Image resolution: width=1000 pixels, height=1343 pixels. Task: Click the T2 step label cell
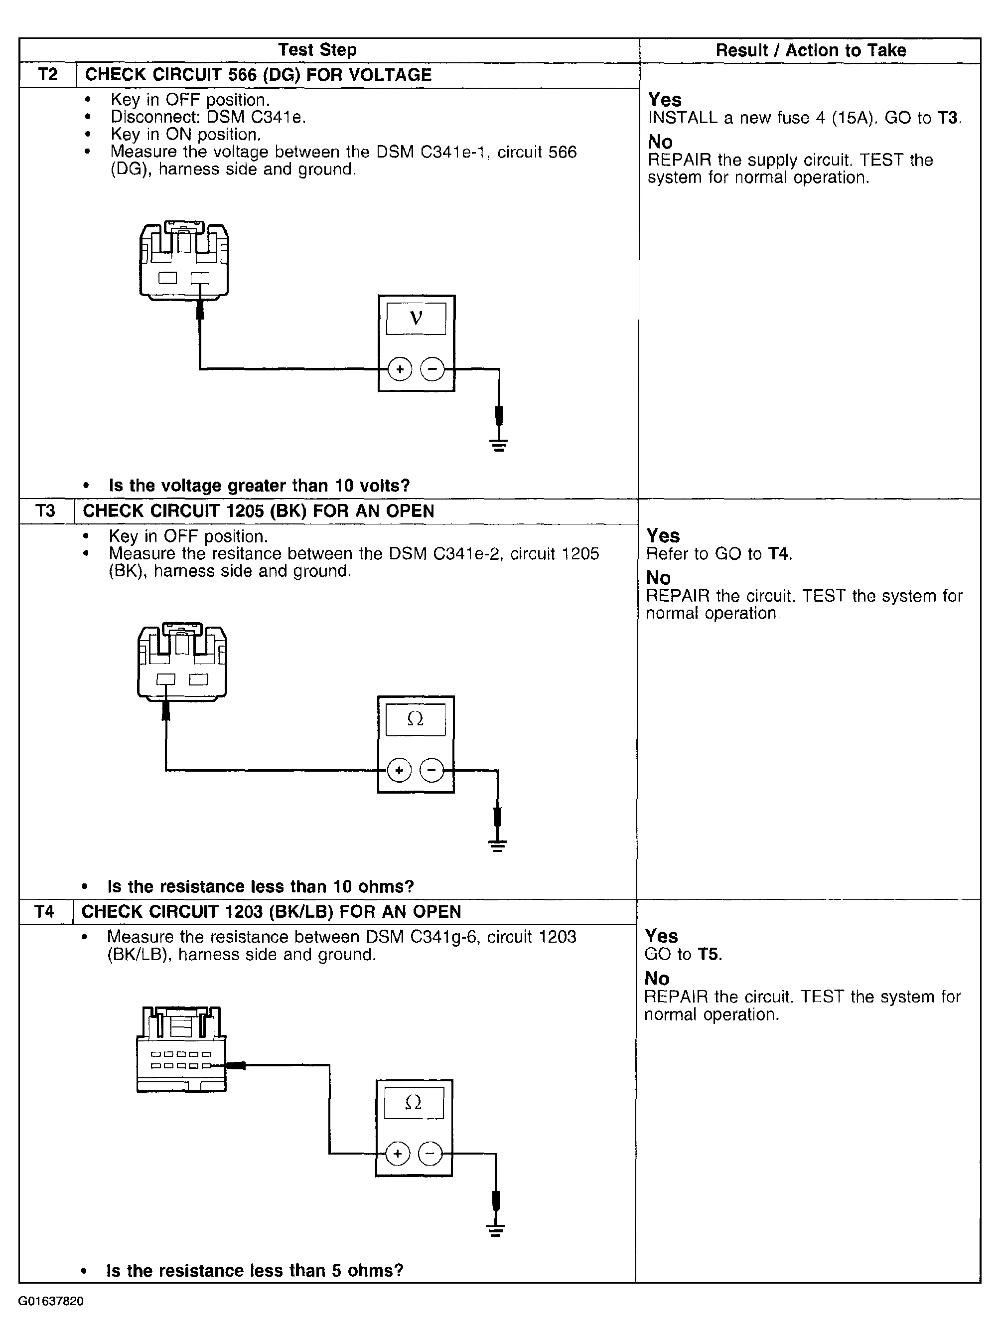point(48,75)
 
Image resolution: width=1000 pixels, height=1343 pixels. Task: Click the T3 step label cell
point(46,511)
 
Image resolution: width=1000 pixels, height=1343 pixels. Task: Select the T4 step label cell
point(45,912)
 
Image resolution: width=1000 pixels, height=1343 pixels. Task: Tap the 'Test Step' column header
point(317,50)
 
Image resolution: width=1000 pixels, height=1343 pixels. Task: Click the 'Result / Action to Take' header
point(811,51)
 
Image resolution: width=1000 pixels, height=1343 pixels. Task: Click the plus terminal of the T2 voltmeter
point(400,369)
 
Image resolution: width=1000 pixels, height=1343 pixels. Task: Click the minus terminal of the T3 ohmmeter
point(431,770)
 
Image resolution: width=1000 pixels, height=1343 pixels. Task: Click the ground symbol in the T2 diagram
point(499,446)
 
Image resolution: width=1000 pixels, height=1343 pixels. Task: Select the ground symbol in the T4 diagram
point(496,1230)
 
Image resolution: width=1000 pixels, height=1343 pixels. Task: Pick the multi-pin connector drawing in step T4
point(181,1050)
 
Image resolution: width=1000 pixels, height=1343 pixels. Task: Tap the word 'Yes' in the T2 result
point(665,100)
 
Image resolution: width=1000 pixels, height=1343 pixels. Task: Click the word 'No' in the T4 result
point(657,979)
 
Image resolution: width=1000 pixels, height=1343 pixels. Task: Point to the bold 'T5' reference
point(709,955)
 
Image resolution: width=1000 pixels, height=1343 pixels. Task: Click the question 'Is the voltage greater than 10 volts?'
point(259,486)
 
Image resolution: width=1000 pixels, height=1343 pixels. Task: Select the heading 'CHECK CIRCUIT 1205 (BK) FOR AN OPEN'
point(259,511)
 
